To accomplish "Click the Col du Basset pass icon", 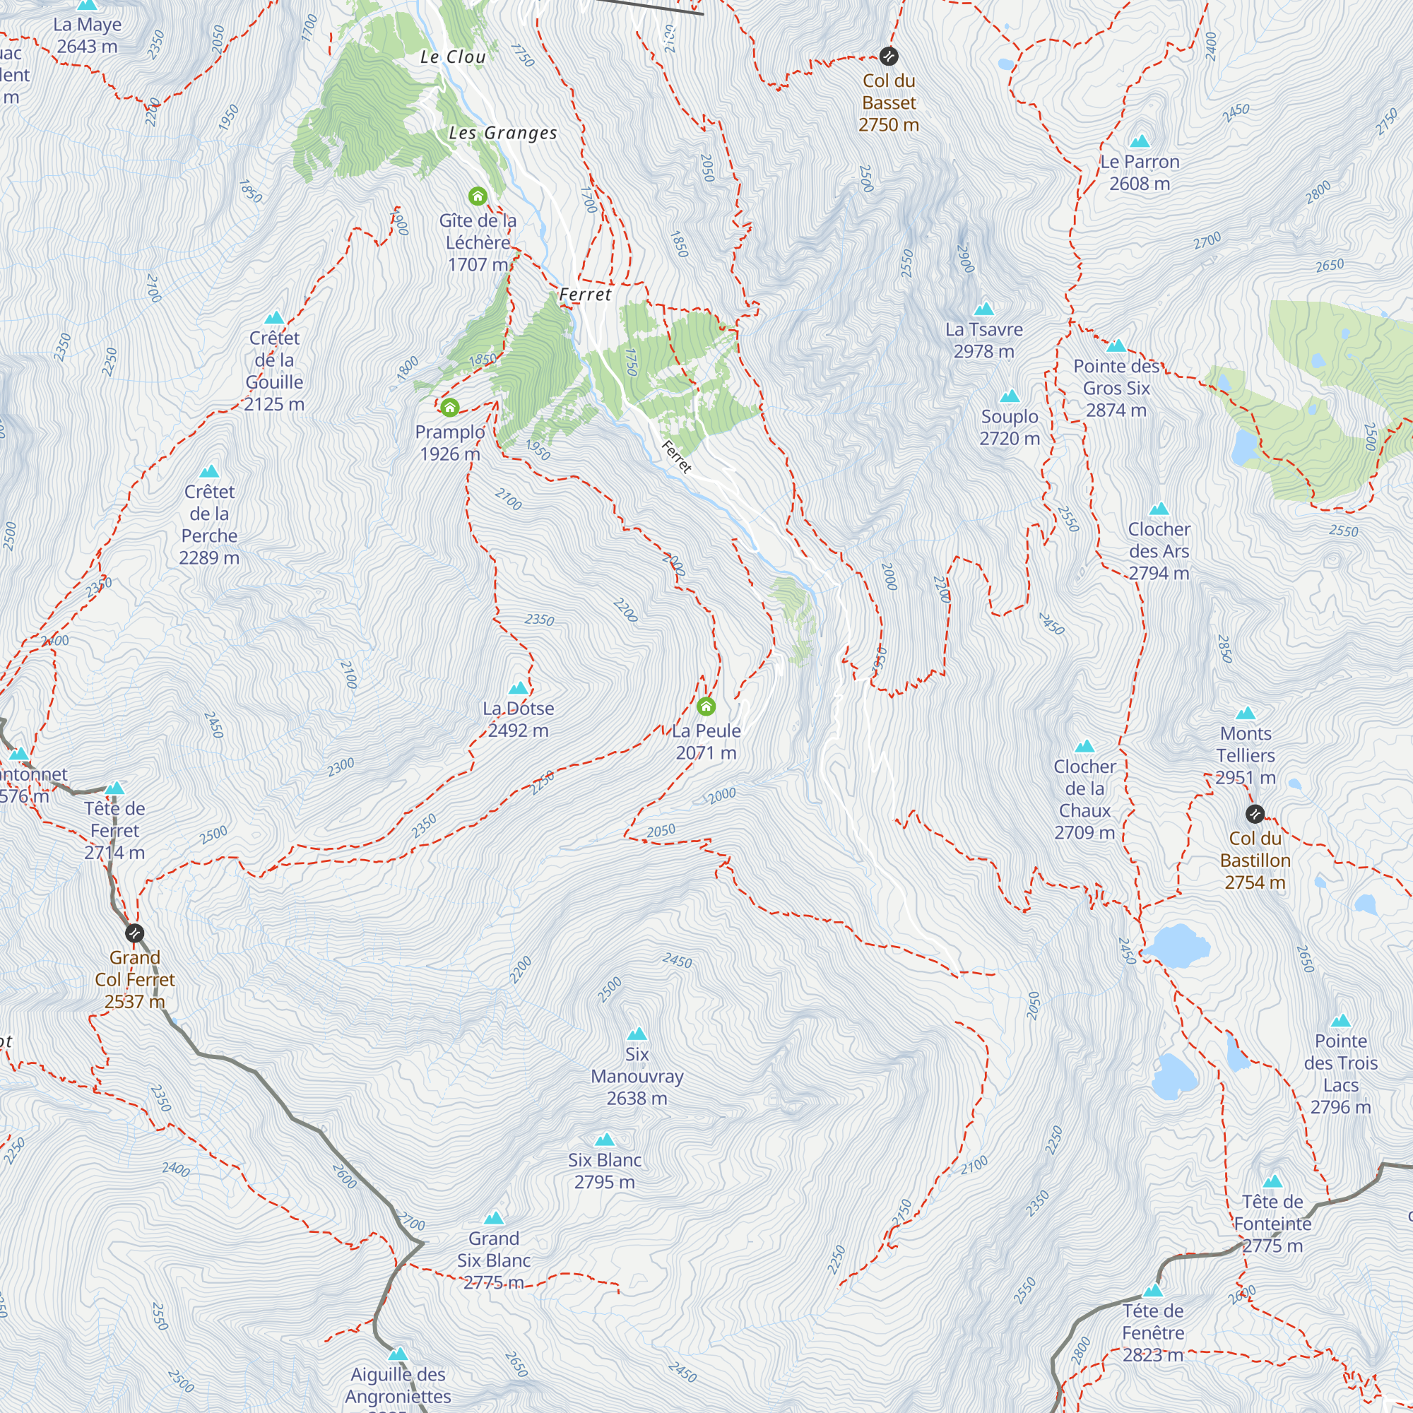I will pos(889,56).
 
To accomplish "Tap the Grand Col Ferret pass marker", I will pos(134,933).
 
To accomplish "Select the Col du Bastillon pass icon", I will pos(1255,814).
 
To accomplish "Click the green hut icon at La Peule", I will pos(706,706).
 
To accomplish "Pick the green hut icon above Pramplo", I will pos(450,408).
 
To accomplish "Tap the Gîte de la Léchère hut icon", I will pos(478,196).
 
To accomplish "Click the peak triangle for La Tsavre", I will pos(983,309).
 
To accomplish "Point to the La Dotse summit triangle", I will pos(518,688).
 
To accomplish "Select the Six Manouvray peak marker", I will pos(637,1034).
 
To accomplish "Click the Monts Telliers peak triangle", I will pos(1246,713).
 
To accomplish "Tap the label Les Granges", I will pos(502,133).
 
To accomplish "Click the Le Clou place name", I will pos(453,57).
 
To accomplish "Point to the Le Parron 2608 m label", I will pos(1140,172).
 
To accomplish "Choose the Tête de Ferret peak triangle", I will pos(115,788).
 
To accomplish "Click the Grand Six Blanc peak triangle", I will pos(494,1219).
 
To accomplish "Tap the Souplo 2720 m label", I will pos(1010,427).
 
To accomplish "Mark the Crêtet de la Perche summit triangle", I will pos(209,472).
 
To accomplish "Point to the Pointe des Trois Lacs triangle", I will pos(1341,1021).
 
